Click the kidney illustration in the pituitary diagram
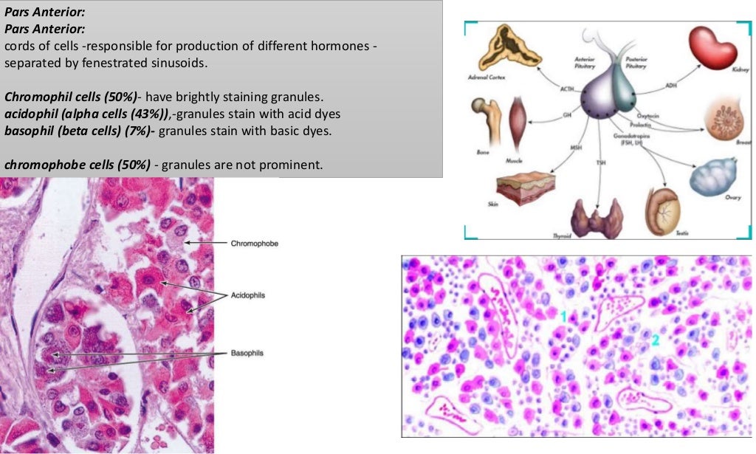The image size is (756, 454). coord(712,49)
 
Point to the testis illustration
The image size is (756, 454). coord(663,209)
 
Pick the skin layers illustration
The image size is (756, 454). coord(525,189)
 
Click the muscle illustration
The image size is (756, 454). coord(520,118)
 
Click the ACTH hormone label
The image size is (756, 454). coord(567,89)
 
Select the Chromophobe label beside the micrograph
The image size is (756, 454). coord(255,243)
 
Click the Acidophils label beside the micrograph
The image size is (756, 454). coord(248,295)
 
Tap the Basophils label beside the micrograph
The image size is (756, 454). coord(247,354)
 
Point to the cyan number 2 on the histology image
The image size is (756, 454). coord(655,340)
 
